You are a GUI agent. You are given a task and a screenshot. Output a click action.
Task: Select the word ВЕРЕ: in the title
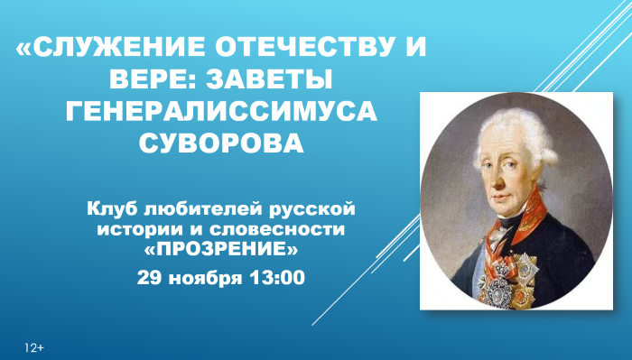148,80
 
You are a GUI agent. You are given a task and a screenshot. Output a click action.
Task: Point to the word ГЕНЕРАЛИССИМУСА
221,112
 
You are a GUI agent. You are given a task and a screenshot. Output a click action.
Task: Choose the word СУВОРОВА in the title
221,143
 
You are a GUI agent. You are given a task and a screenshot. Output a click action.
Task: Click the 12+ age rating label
35,346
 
